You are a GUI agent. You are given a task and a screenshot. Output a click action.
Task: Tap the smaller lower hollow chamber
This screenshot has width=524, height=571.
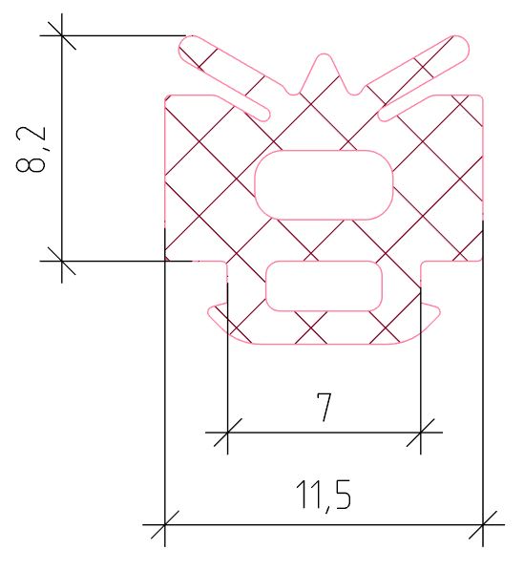coord(324,285)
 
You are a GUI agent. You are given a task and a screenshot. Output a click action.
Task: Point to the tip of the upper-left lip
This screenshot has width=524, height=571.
coord(190,44)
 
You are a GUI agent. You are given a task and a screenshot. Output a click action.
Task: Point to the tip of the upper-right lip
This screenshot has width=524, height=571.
coord(460,44)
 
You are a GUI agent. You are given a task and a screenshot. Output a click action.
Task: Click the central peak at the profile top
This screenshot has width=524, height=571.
coord(325,60)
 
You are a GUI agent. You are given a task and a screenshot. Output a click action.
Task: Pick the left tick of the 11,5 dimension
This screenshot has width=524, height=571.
coord(165,524)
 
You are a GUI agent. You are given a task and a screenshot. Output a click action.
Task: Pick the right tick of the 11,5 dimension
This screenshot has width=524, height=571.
coord(484,524)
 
